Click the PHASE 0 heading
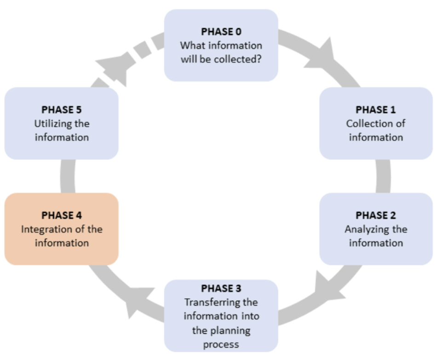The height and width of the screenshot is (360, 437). (221, 32)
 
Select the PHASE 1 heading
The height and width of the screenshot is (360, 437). (375, 110)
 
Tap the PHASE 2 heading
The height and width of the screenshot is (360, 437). (375, 215)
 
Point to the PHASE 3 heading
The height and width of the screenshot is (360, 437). (221, 289)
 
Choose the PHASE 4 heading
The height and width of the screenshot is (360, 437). (62, 215)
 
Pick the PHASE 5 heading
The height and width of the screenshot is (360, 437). (62, 110)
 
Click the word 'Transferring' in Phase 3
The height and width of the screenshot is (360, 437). (221, 302)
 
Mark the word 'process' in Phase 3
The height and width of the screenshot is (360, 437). (221, 344)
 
